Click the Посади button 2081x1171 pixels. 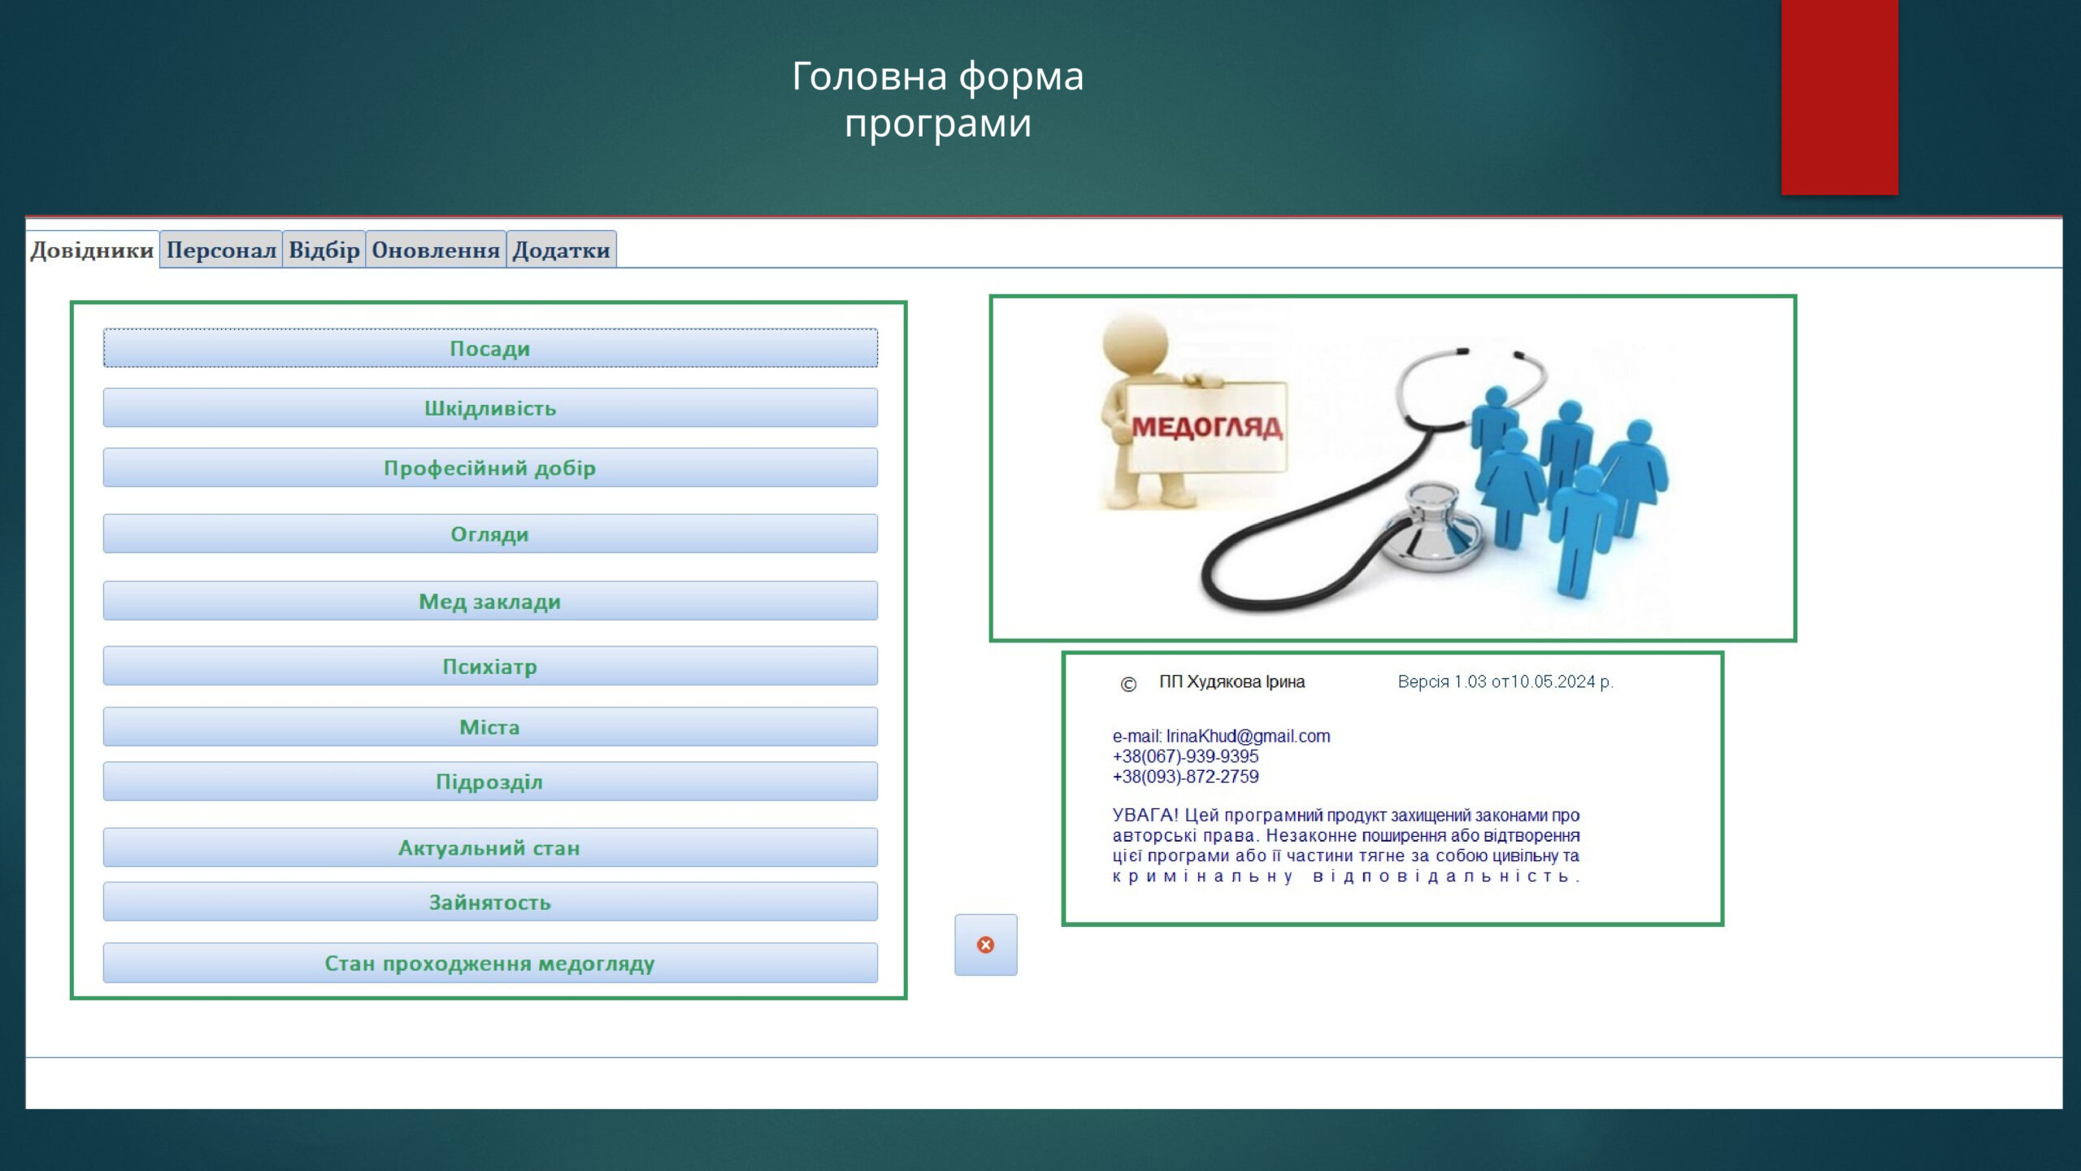(x=490, y=348)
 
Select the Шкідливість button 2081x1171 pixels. (x=490, y=407)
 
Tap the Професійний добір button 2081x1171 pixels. (x=490, y=468)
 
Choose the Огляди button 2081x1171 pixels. (x=490, y=533)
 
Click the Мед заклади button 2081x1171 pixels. (x=490, y=601)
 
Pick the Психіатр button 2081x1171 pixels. (x=490, y=666)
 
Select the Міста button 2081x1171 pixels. (x=490, y=726)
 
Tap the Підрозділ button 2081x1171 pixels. (x=490, y=781)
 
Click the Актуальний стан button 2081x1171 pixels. (x=490, y=847)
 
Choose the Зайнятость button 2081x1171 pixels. (x=490, y=902)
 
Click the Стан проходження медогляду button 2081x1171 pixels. (x=490, y=963)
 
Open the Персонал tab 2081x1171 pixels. (x=221, y=250)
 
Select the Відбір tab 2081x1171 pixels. (x=324, y=250)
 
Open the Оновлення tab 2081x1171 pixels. (x=436, y=250)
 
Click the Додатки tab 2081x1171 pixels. (x=561, y=250)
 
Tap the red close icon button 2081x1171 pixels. (x=985, y=945)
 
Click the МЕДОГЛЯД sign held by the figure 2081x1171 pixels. (x=1206, y=427)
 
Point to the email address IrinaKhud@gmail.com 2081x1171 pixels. (x=1248, y=736)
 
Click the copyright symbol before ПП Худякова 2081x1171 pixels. (x=1128, y=684)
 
